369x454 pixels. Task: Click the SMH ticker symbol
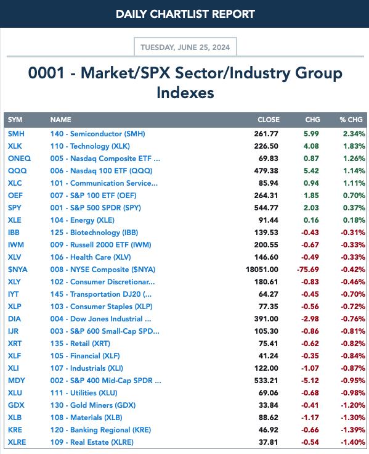(16, 134)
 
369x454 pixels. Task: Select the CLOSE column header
(269, 120)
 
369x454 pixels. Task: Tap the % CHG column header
(351, 120)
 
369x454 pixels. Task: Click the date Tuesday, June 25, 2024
(185, 47)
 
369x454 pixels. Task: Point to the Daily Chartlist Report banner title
(185, 14)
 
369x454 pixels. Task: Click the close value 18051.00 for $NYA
(262, 270)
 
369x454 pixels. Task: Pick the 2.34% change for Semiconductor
(354, 134)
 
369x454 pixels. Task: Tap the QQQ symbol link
(17, 171)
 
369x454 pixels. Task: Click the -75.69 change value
(307, 270)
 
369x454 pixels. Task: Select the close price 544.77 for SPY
(266, 208)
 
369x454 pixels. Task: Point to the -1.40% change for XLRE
(353, 442)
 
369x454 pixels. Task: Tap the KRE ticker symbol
(15, 430)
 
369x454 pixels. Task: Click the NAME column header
(61, 120)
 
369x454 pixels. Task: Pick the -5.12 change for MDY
(310, 381)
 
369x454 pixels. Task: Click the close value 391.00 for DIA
(266, 319)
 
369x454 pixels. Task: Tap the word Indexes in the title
(185, 93)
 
